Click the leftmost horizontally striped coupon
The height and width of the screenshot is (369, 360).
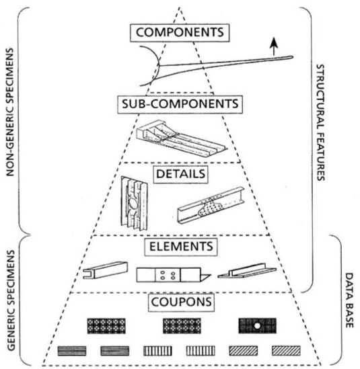(71, 350)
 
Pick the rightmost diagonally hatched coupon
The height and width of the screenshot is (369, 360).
(285, 350)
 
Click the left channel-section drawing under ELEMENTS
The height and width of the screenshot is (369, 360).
(102, 272)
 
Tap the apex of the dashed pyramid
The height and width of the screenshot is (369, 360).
(180, 7)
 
